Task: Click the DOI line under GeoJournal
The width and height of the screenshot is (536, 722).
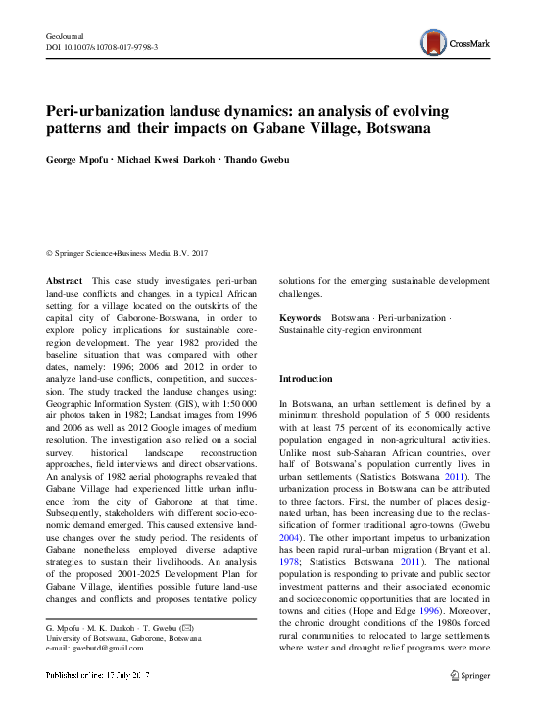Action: tap(103, 46)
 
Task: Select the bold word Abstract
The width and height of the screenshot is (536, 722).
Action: tap(65, 281)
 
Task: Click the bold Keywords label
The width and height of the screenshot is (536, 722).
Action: tap(301, 319)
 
